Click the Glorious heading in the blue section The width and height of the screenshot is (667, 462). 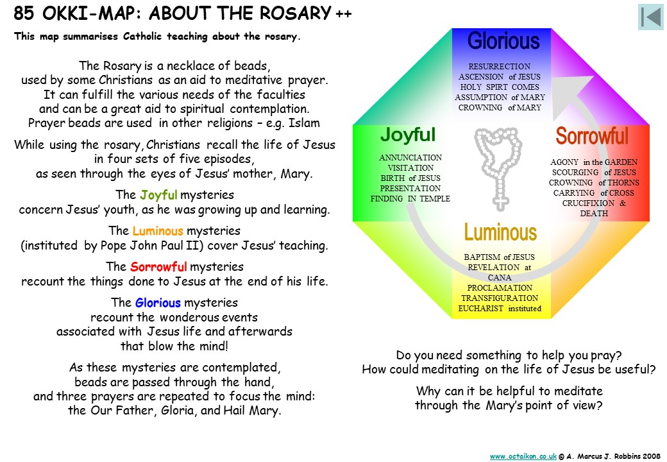503,41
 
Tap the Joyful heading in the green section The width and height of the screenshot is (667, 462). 408,135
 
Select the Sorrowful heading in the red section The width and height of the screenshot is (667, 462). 592,136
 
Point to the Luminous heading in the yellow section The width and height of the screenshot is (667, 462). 500,232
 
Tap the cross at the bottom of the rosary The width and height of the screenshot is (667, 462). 501,201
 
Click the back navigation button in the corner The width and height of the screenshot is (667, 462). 651,17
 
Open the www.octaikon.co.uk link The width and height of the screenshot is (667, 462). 523,456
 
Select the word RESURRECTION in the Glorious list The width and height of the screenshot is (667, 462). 500,66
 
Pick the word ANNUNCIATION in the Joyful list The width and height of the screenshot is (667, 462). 410,157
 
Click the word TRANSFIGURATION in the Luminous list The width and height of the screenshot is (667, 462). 500,298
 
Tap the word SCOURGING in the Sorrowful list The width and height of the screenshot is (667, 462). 575,173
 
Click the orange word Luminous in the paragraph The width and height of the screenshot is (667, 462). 157,231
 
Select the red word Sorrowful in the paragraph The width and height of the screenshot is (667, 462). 158,267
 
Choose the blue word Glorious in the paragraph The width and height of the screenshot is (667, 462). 158,302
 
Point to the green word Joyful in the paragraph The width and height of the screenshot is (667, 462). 158,195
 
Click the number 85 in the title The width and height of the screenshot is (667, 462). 23,13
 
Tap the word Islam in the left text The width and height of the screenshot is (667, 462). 304,123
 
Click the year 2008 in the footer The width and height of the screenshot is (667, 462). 652,456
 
